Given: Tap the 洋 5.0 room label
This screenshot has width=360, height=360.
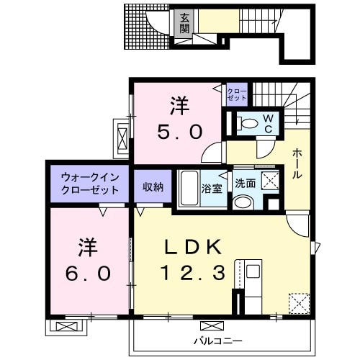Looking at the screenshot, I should (180, 120).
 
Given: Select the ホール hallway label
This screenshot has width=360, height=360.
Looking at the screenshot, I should (298, 165).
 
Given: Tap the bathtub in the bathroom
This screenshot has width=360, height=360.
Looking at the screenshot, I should (189, 189).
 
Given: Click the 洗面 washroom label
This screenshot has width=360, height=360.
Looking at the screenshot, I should (244, 184).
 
